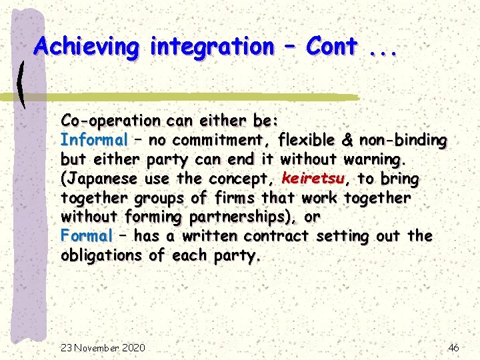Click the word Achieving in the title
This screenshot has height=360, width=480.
coord(87,47)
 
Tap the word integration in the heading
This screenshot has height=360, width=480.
coord(211,47)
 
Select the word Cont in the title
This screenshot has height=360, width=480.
coord(331,47)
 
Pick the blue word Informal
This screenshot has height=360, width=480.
coord(94,140)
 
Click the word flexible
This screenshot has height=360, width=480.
coord(309,140)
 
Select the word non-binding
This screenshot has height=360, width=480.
coord(403,140)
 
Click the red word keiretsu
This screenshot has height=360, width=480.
coord(313,179)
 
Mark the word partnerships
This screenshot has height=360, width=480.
coord(241,217)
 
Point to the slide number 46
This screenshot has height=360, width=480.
coord(453,348)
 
